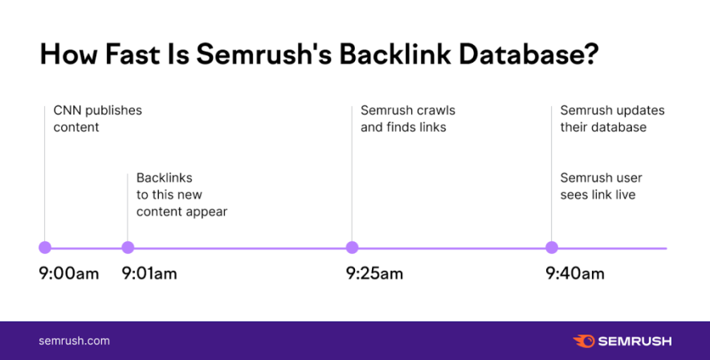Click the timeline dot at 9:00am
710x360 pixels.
tap(45, 247)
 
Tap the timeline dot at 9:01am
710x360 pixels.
tap(128, 247)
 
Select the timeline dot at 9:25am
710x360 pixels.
tap(352, 247)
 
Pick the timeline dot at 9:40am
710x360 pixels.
tap(552, 247)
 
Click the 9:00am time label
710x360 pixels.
tap(69, 274)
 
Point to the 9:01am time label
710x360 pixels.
tap(149, 274)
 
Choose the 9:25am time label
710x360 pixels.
tap(374, 274)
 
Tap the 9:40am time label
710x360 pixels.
tap(575, 274)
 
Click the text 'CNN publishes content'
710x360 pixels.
tap(96, 119)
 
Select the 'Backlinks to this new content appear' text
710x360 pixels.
tap(182, 194)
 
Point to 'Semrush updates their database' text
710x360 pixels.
tap(612, 119)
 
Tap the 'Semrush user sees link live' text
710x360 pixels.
tap(601, 186)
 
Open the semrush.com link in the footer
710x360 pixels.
tap(74, 341)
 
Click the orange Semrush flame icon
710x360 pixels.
tap(583, 341)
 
